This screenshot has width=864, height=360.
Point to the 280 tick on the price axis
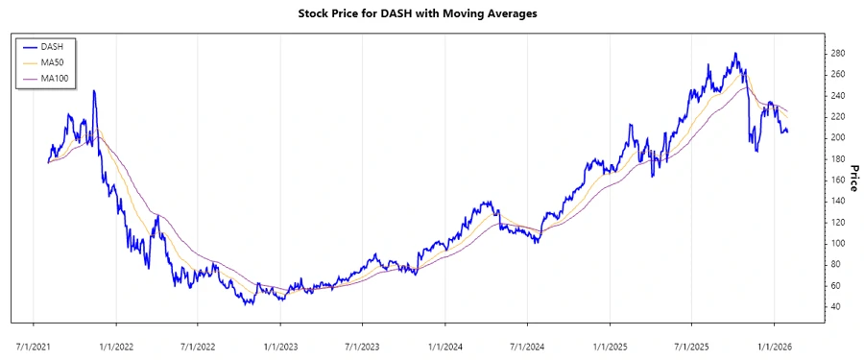[x=838, y=53]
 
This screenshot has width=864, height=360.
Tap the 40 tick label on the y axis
[x=835, y=306]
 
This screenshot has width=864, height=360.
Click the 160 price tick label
[x=838, y=180]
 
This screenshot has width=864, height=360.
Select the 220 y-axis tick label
[x=838, y=116]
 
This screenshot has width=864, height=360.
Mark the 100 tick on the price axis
[x=838, y=243]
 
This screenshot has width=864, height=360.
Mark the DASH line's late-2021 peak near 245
[x=93, y=90]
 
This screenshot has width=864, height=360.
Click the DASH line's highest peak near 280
[x=735, y=54]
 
